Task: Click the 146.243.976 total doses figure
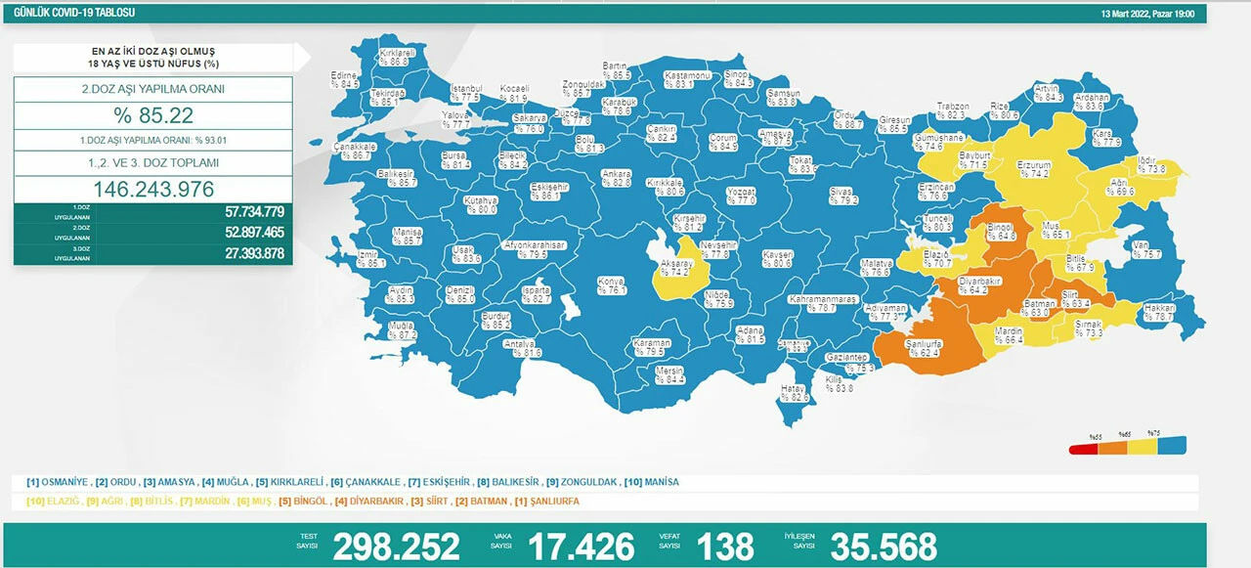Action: click(x=152, y=190)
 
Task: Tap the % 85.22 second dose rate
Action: click(x=152, y=115)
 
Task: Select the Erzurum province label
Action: click(x=1032, y=165)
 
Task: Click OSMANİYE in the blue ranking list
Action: click(x=64, y=482)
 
